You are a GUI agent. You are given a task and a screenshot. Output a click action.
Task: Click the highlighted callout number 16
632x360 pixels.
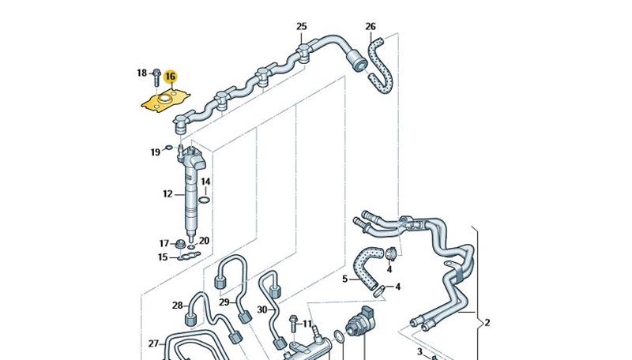coord(171,77)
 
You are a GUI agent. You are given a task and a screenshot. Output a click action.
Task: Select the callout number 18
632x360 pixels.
coord(142,73)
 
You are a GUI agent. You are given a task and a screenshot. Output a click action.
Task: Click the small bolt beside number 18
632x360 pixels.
coord(156,76)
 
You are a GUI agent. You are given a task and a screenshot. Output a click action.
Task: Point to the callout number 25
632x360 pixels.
coord(301,27)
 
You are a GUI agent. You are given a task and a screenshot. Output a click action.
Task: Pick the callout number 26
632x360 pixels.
coord(371,27)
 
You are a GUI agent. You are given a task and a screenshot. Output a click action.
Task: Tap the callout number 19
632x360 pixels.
coord(156,150)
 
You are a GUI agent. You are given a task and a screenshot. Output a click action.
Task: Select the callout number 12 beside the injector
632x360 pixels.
coord(167,193)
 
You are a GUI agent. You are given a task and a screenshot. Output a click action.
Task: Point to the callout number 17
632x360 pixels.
coord(164,243)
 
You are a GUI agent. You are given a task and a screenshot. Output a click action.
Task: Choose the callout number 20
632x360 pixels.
coord(204,241)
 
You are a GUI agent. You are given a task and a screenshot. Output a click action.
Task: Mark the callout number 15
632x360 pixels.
coord(163,257)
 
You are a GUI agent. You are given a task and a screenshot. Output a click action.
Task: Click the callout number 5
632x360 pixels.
coord(344,279)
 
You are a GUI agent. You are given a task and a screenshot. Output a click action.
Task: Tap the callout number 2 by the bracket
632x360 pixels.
coord(487,323)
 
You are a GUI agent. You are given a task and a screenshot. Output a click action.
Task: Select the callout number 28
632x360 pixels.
coord(177,306)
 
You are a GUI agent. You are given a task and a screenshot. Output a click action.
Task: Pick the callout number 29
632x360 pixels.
coord(224,302)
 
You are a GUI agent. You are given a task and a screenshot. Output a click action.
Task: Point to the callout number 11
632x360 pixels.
coord(307,324)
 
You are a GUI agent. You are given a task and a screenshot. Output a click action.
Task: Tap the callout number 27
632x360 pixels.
coord(153,343)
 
